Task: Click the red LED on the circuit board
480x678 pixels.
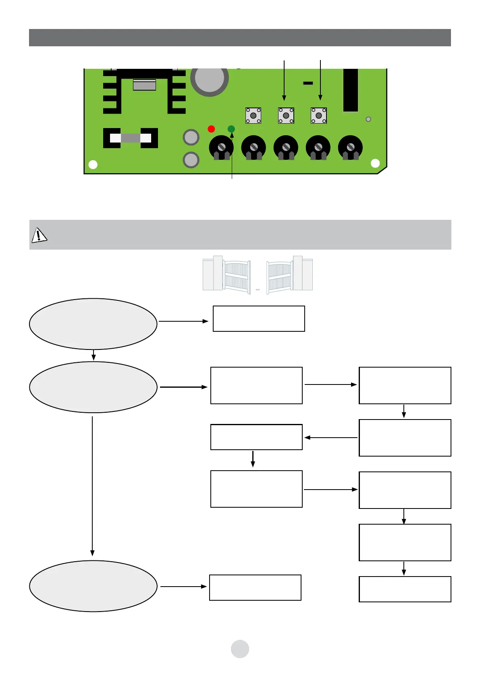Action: click(211, 129)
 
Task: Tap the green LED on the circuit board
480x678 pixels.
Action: click(231, 129)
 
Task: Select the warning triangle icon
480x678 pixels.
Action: click(39, 235)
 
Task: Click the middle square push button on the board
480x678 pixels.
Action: click(286, 116)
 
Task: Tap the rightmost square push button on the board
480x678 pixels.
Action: click(318, 116)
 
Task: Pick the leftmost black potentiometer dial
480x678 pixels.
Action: click(221, 148)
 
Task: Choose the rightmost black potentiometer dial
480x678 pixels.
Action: click(350, 148)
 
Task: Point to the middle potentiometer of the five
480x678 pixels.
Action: click(286, 148)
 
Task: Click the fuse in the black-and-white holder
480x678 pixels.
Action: click(131, 138)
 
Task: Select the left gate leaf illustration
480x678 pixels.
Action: click(226, 273)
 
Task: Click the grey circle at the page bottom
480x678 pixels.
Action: click(240, 649)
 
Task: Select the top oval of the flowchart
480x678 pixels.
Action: click(93, 324)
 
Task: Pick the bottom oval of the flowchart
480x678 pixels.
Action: click(93, 586)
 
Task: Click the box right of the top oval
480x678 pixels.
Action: click(259, 318)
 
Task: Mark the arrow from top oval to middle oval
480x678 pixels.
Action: click(94, 355)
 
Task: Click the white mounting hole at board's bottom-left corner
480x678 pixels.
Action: click(93, 164)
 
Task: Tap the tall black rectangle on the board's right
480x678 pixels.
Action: click(350, 90)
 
